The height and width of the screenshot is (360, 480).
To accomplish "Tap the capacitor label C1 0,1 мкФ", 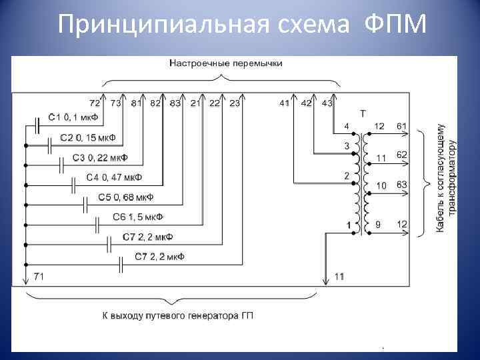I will [73, 119].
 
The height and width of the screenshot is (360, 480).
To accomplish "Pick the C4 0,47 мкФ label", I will [114, 178].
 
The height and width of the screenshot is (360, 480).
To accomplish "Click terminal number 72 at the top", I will [95, 103].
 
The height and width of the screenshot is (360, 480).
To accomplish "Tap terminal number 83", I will [175, 103].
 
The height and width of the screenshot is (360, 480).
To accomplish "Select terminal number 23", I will [235, 103].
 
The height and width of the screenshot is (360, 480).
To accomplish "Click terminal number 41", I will [285, 103].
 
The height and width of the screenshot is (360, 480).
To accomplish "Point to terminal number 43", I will [327, 103].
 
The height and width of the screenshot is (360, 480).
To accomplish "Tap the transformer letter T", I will [363, 113].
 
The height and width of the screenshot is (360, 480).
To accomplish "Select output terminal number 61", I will [401, 126].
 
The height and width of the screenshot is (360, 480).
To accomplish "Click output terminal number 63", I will [401, 184].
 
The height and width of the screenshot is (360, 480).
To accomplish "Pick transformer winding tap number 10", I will [381, 184].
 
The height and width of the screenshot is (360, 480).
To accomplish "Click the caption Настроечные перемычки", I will [226, 63].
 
